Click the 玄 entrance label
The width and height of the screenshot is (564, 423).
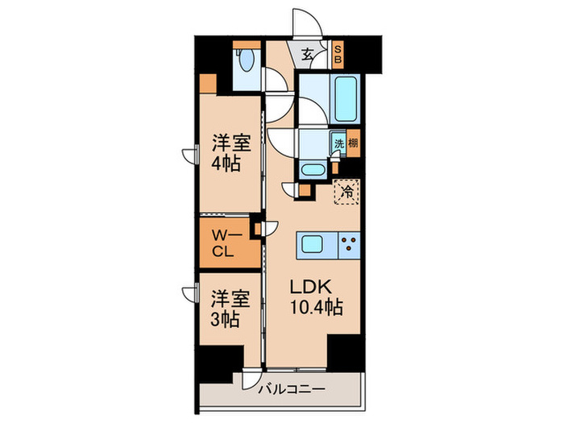pos(309,55)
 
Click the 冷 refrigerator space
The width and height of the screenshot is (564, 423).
pos(347,192)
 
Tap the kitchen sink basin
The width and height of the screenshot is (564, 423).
pos(314,244)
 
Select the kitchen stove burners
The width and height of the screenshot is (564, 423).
pos(350,244)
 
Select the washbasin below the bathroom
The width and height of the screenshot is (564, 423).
pos(312,169)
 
